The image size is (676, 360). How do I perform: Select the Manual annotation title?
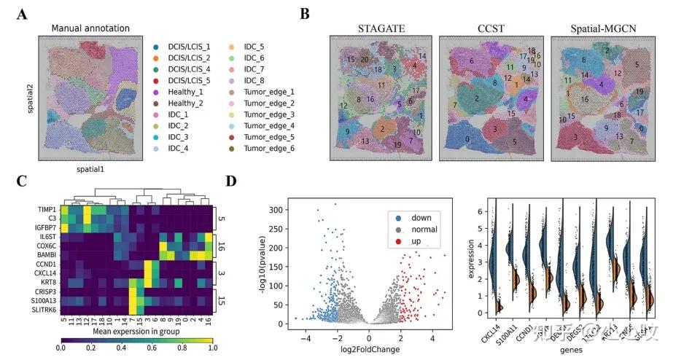coord(90,28)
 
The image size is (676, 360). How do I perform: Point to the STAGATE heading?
coord(381,28)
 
